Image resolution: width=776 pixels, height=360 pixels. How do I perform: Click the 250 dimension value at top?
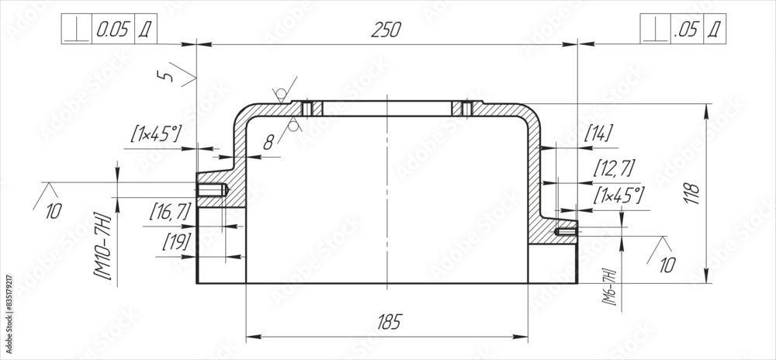(x=386, y=29)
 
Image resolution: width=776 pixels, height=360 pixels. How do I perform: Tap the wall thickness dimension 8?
(x=268, y=141)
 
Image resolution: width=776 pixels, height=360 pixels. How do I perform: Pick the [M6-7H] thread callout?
(x=609, y=287)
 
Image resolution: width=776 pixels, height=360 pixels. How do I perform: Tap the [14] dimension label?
(x=598, y=133)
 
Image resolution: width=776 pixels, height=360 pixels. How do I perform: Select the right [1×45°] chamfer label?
(x=618, y=195)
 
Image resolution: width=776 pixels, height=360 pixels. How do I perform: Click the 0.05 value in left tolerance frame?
(x=113, y=29)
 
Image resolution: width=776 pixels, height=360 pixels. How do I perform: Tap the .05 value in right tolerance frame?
(x=687, y=29)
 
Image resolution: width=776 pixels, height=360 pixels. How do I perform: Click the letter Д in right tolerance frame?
(x=715, y=29)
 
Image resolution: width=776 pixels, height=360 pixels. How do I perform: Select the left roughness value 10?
(x=53, y=210)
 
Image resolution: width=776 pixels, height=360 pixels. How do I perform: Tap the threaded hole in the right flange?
(x=566, y=230)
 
